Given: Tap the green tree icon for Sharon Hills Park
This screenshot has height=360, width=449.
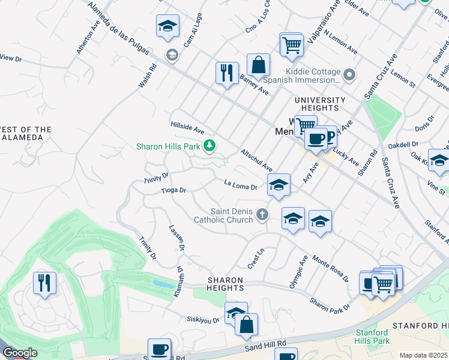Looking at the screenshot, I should [209, 145].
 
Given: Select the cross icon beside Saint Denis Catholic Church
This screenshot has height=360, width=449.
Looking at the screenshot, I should [262, 214].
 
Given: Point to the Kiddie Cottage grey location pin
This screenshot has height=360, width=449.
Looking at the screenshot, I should [351, 76].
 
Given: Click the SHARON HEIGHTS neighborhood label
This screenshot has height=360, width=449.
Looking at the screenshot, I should [225, 284].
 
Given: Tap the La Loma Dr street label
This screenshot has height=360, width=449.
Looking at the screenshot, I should [240, 184].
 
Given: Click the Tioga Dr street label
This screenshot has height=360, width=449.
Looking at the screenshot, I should [173, 190].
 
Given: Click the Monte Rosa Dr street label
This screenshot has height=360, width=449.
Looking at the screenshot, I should [331, 271].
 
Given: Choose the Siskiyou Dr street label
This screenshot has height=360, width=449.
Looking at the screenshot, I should [202, 320].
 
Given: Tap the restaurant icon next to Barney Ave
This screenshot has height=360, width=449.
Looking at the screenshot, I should [227, 73].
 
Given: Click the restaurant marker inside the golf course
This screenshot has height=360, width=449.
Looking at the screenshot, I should [44, 283].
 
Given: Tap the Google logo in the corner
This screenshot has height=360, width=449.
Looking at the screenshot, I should [20, 353].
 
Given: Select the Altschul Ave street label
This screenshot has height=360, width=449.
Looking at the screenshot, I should [256, 161].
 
